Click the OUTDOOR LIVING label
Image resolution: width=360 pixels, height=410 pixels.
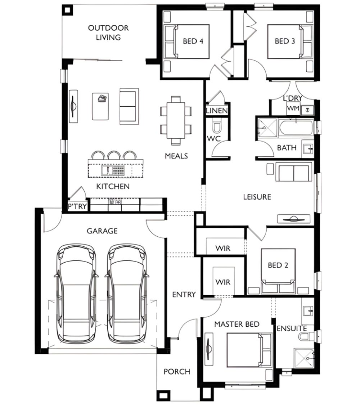tap(108, 33)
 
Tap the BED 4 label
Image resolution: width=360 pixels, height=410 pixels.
tap(193, 41)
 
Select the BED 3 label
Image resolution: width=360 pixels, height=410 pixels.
tap(285, 41)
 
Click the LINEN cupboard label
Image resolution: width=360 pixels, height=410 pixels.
tap(217, 111)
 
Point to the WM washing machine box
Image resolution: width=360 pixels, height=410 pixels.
tap(293, 108)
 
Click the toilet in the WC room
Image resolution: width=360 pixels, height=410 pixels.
tap(216, 126)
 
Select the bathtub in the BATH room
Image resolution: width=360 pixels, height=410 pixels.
tap(296, 128)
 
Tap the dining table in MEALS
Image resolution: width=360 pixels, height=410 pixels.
tap(176, 120)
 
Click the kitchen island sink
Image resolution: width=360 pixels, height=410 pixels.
tap(107, 170)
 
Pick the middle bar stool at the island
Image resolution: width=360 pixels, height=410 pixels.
tap(114, 155)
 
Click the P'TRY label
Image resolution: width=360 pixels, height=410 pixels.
tap(77, 206)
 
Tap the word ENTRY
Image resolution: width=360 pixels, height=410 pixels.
tap(184, 295)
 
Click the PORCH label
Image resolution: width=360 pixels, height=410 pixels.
tap(177, 372)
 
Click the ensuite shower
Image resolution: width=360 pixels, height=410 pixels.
tap(304, 358)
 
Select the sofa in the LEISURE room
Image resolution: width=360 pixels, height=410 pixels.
tap(294, 172)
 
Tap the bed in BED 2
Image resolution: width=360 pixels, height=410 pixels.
tap(278, 271)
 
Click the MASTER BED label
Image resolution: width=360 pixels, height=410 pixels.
tap(237, 324)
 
